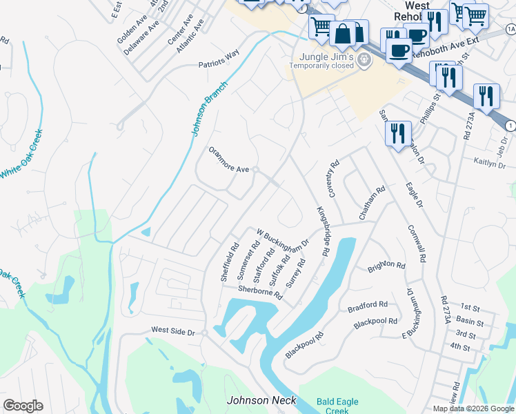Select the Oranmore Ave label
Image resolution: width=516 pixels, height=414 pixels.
228,159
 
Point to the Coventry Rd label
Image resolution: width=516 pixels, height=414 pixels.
334,179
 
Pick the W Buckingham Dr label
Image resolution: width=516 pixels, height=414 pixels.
281,239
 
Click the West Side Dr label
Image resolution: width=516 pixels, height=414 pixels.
174,332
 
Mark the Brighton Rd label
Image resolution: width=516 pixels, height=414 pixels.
386,265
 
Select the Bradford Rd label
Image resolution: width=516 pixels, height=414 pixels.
368,304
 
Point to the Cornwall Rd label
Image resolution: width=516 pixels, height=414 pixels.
417,243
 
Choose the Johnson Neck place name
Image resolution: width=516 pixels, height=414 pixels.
261,400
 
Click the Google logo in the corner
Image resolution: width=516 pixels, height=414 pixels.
23,406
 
